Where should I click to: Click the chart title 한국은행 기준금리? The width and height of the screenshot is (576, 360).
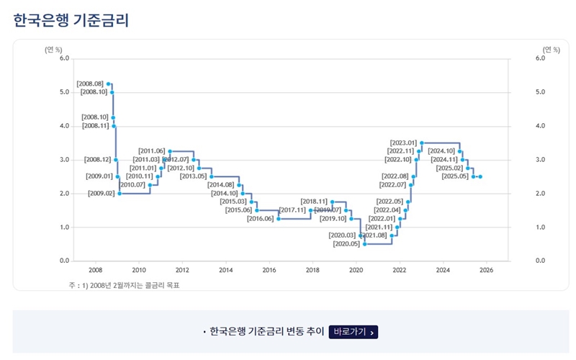[x=71, y=19]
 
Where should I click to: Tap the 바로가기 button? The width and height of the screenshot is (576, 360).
[x=354, y=332]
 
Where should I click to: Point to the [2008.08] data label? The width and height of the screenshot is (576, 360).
[x=90, y=84]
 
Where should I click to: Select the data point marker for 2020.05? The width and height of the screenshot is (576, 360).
[x=365, y=244]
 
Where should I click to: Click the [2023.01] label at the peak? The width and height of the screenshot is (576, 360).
[x=403, y=143]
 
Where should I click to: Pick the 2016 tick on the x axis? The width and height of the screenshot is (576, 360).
[x=269, y=270]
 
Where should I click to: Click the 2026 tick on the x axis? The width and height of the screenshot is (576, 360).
[x=486, y=270]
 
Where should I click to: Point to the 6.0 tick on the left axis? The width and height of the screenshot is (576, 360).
[x=63, y=58]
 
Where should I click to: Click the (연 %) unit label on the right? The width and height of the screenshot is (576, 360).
[x=551, y=49]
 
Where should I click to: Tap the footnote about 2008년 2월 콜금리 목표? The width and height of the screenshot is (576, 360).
[x=124, y=286]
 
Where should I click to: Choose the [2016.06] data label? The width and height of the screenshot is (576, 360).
[x=260, y=218]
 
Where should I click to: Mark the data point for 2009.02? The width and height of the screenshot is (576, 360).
[x=120, y=194]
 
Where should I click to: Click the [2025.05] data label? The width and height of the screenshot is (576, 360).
[x=455, y=176]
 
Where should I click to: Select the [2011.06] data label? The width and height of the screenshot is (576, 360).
[x=151, y=151]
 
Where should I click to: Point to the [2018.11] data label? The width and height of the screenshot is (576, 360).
[x=314, y=202]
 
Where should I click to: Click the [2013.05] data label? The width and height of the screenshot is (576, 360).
[x=193, y=176]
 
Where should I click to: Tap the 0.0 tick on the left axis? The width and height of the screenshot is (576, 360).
[x=63, y=261]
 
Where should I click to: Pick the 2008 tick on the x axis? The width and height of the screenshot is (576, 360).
[x=95, y=270]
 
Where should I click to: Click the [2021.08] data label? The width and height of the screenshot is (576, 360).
[x=374, y=235]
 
